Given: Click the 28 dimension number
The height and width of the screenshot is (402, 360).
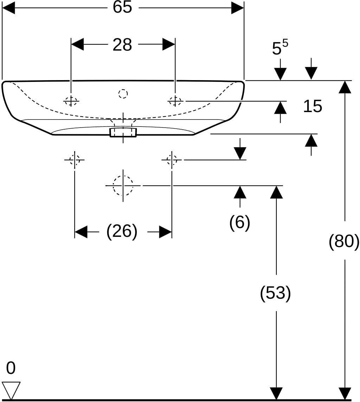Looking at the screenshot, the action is point(122,45).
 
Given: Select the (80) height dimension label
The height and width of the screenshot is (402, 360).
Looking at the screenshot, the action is point(344,241).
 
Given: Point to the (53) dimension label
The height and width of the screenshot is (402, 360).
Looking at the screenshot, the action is point(275,293).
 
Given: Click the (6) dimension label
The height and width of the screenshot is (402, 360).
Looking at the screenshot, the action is point(240,222).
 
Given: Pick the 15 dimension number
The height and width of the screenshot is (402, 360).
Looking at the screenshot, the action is point(313,106).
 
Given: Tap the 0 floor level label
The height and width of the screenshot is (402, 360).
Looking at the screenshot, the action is point(11,368).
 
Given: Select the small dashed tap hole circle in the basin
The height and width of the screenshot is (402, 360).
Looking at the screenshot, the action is point(123,94).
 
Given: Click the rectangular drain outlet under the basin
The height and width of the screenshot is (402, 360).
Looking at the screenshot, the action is point(123,132).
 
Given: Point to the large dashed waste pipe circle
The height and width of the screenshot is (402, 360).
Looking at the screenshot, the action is point(123,185).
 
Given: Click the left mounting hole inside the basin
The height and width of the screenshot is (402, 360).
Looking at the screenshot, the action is point(71,101).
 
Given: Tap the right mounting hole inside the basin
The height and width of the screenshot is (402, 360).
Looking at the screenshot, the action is point(175,101).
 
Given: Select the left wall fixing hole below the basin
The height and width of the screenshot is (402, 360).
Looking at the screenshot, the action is point(75,160).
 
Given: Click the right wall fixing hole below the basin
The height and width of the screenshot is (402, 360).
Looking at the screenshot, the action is point(172,160).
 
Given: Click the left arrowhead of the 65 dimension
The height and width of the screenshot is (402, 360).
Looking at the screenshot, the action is point(8,8).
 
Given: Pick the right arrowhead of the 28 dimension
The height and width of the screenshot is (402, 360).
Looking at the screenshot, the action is point(169,44).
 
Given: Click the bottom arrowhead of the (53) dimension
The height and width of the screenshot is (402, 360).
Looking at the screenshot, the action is point(276,393).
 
